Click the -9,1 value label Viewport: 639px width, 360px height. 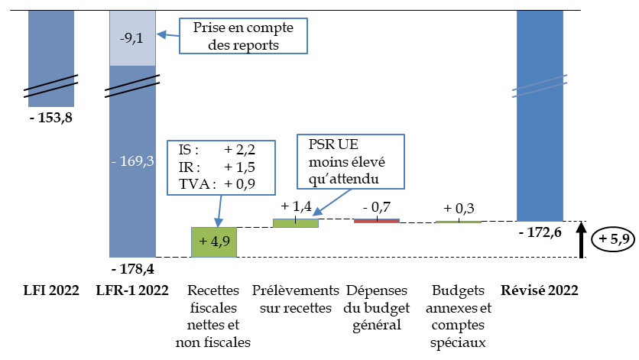click(132, 37)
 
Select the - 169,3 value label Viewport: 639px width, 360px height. click(132, 162)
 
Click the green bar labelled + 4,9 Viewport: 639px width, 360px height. click(213, 242)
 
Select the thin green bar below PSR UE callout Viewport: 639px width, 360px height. click(296, 223)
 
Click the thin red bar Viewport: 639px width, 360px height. click(377, 221)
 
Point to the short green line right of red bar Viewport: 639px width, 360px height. click(459, 222)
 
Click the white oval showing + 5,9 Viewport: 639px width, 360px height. click(613, 240)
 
